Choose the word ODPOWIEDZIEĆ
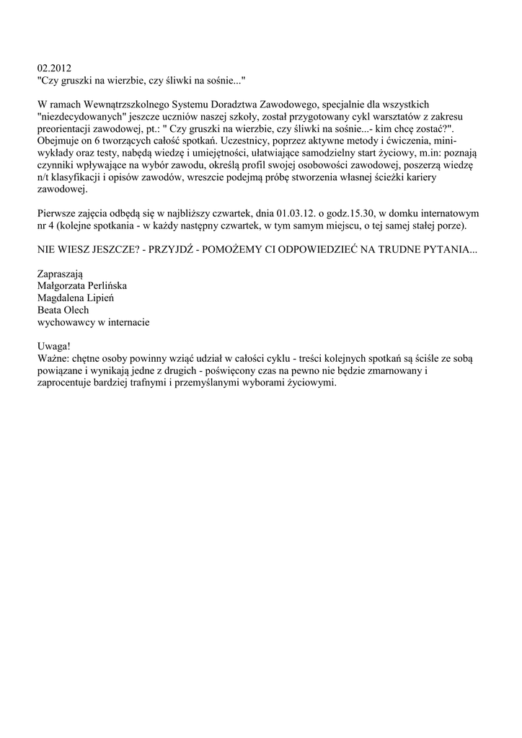click(314, 249)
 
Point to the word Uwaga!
click(55, 347)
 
